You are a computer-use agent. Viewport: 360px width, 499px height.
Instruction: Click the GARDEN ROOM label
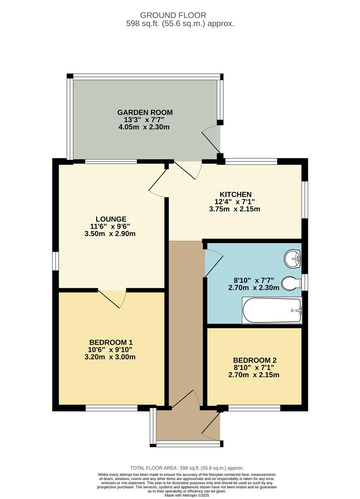(x=145, y=112)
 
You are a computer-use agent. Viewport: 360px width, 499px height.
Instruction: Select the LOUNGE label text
(x=111, y=219)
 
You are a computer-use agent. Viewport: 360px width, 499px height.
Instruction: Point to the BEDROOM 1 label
(x=111, y=342)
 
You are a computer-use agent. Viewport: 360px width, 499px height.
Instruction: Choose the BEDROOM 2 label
(x=255, y=360)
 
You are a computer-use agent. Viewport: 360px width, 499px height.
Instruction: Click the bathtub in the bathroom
(x=272, y=310)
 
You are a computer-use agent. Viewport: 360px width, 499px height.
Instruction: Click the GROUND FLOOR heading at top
(x=180, y=16)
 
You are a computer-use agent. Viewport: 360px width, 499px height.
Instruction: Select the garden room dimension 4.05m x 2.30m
(x=144, y=127)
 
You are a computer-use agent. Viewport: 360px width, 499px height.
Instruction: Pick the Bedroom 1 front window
(x=111, y=408)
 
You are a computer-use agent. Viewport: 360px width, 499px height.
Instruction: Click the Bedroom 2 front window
(x=254, y=408)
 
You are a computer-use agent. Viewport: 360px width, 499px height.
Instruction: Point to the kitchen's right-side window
(x=304, y=199)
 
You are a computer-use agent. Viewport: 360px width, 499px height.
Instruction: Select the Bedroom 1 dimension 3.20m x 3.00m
(x=111, y=357)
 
